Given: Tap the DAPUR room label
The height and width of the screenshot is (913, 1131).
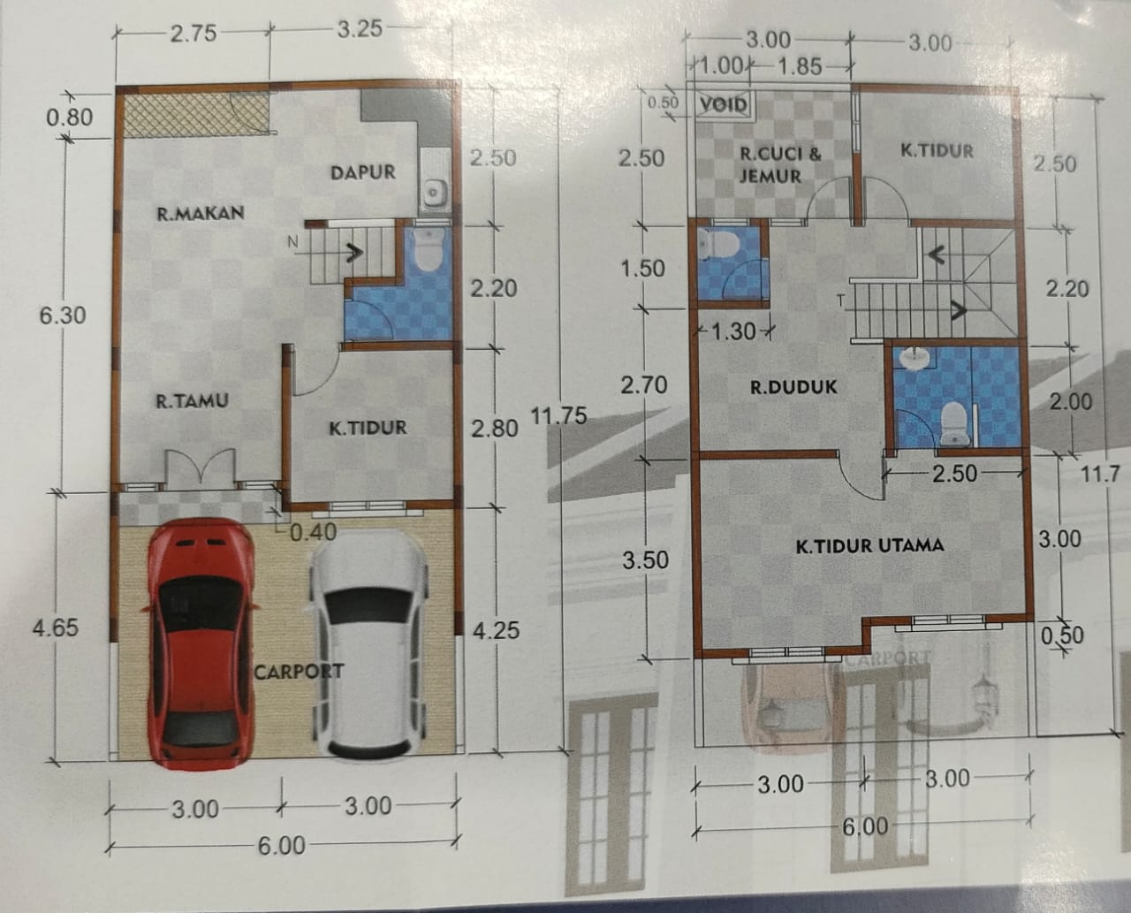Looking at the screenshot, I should [362, 172].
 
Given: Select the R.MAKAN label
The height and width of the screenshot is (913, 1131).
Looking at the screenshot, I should [200, 213].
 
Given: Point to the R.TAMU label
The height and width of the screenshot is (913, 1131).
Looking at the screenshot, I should [192, 401].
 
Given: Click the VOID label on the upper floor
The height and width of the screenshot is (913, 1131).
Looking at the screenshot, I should [724, 104].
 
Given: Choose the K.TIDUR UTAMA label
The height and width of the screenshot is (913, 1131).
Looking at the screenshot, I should [869, 545].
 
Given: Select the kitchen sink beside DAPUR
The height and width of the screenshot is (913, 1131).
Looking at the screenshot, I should [433, 188].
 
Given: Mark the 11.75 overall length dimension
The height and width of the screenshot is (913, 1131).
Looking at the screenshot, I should [558, 415].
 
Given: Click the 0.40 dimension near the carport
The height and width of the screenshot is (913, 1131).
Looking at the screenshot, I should [313, 531].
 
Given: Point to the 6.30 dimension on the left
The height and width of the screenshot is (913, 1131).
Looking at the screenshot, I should [63, 315].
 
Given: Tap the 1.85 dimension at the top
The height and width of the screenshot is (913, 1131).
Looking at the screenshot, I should [799, 66].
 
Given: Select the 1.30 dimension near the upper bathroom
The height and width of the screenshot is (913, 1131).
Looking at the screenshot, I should [732, 332].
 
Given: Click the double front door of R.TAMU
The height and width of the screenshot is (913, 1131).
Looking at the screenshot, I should [201, 468].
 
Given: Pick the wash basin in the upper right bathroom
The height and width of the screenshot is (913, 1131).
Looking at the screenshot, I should [915, 358].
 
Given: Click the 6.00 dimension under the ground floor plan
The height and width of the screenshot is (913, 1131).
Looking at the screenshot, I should [281, 846].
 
